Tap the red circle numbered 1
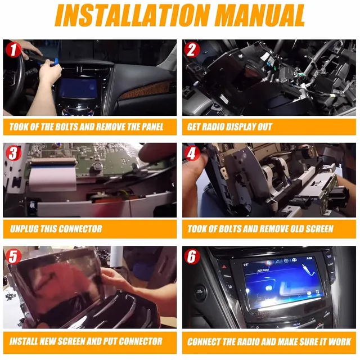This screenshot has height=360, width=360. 12,49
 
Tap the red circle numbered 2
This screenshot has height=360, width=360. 192,49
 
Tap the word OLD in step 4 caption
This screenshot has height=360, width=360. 291,229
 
